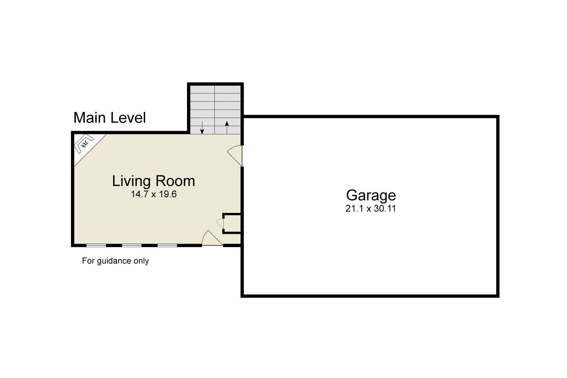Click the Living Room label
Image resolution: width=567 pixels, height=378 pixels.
[x=153, y=181]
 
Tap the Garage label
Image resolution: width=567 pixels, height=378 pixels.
[x=371, y=195]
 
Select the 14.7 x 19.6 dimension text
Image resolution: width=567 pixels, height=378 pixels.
[x=153, y=194]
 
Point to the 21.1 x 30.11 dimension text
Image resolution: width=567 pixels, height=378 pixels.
[x=371, y=209]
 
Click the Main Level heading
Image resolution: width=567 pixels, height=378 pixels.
[x=110, y=118]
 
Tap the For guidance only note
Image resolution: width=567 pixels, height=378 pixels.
[x=115, y=261]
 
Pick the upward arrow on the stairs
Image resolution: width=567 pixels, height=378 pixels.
[x=227, y=127]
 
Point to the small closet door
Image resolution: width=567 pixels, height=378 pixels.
[x=220, y=224]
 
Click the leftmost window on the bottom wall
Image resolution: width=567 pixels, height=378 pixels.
[x=96, y=245]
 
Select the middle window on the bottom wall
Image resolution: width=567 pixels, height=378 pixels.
[x=132, y=245]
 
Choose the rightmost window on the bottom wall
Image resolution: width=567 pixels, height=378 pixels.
[x=167, y=245]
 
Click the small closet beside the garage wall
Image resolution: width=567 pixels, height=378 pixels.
[x=232, y=224]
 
